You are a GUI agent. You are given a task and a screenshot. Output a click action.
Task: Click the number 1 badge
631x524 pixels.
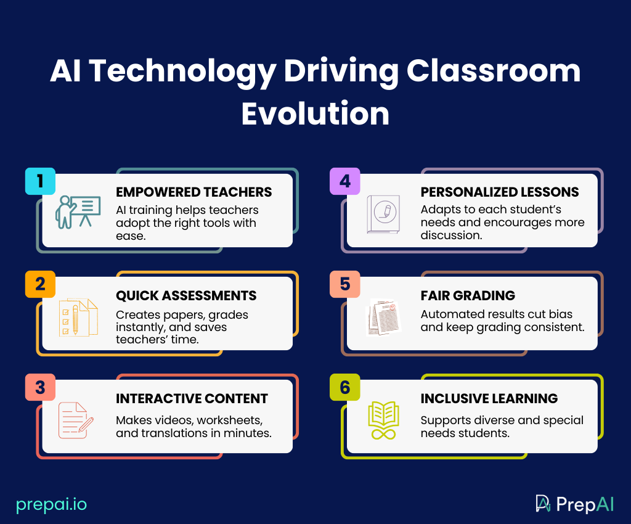tap(40, 181)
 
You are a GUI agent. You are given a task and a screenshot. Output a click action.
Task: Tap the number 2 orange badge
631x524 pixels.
tap(40, 284)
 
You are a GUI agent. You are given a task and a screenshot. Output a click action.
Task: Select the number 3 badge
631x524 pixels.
tap(40, 387)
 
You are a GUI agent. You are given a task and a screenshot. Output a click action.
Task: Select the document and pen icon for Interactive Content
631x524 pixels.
tap(76, 420)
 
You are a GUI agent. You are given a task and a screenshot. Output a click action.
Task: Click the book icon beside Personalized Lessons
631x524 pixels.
tap(383, 214)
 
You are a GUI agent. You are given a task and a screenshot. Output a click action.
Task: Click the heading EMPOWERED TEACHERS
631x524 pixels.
tap(193, 192)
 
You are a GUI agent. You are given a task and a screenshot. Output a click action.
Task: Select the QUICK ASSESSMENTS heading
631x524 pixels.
tap(186, 296)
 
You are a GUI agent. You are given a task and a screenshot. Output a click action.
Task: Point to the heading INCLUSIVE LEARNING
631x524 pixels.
tap(489, 399)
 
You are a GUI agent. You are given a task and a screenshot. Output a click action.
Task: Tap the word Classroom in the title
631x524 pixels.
tap(493, 72)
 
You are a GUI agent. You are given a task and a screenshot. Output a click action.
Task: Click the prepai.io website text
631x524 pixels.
tap(52, 504)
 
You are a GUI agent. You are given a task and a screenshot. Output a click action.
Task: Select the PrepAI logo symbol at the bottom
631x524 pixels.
tap(543, 504)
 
